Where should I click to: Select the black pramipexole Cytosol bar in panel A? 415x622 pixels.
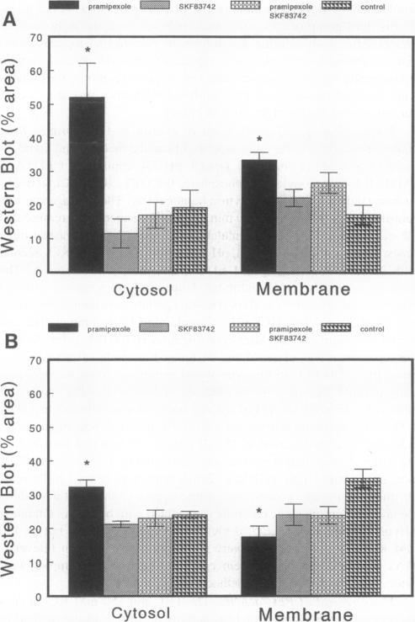pyautogui.click(x=87, y=185)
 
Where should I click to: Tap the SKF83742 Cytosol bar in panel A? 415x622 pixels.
pyautogui.click(x=121, y=253)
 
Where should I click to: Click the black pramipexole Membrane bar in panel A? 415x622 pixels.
pyautogui.click(x=259, y=216)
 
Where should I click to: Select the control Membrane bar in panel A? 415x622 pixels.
pyautogui.click(x=363, y=243)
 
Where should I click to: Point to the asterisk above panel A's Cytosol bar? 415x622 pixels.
pyautogui.click(x=87, y=51)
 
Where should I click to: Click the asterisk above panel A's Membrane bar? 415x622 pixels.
pyautogui.click(x=259, y=140)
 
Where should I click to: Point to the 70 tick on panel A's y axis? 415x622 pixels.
pyautogui.click(x=36, y=37)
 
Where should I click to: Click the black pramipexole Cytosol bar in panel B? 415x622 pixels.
pyautogui.click(x=87, y=541)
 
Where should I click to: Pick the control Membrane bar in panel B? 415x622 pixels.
pyautogui.click(x=363, y=537)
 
